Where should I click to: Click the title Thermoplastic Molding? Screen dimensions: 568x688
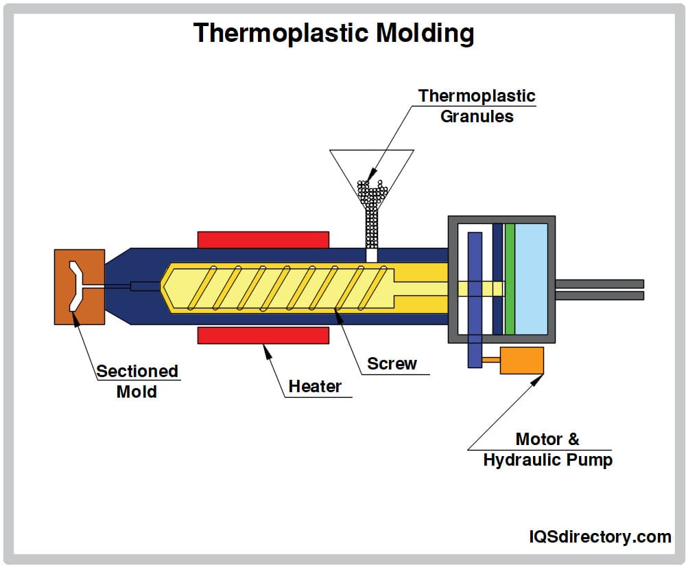tap(333, 32)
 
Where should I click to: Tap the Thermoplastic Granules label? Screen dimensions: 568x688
tap(477, 106)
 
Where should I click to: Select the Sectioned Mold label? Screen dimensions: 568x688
tap(137, 381)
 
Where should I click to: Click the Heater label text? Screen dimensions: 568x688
tap(314, 387)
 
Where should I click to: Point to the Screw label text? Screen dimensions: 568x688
tap(392, 364)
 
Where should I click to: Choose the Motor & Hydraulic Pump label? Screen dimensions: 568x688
tap(547, 449)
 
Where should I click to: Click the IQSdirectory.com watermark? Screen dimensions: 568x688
tap(600, 536)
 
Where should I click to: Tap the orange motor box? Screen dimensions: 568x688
tap(521, 361)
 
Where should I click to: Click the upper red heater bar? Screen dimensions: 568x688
tap(263, 240)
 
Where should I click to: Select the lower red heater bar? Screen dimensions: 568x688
tap(263, 335)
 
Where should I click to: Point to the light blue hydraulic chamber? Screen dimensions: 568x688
tap(531, 279)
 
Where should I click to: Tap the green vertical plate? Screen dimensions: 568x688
tap(510, 279)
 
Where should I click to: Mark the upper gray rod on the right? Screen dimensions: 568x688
tap(599, 284)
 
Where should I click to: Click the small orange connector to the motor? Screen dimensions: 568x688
tap(491, 359)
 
